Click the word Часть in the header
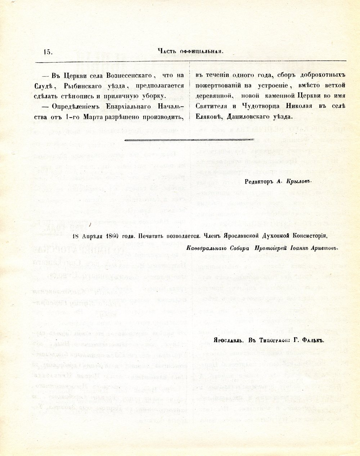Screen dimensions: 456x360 (x=167, y=51)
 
